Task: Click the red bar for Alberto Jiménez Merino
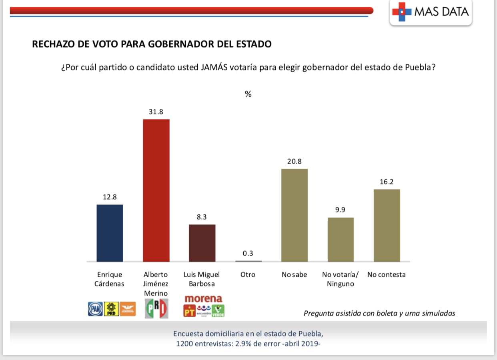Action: tap(156, 190)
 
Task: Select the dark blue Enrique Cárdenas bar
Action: tap(110, 233)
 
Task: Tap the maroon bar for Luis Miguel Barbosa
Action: tap(202, 243)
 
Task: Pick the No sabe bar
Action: tap(295, 215)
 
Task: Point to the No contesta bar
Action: tap(387, 226)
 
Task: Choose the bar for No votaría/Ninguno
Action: tap(341, 240)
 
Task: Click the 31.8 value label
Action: tap(156, 112)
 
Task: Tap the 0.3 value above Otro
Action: tap(248, 253)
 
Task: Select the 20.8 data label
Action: tap(295, 161)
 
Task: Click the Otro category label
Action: tap(248, 275)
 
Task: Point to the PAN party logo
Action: tap(95, 309)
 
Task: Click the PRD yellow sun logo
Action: tap(111, 309)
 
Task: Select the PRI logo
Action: tap(156, 308)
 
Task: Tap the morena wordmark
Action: tap(203, 299)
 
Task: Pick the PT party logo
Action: tap(190, 311)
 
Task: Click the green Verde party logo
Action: tap(218, 311)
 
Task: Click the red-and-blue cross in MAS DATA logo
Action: tap(402, 12)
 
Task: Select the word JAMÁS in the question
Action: tap(214, 67)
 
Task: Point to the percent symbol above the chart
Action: tap(248, 94)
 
